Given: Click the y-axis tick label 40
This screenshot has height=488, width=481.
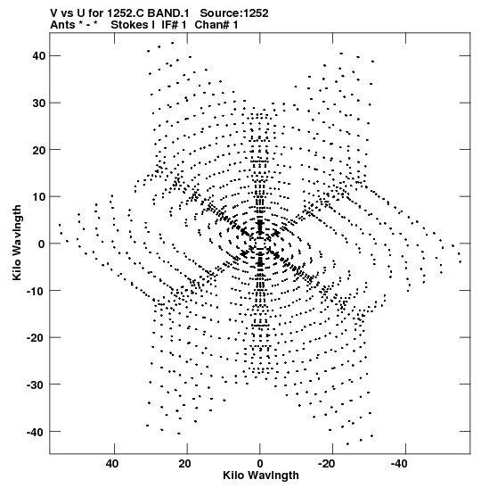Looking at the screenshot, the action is point(38,56).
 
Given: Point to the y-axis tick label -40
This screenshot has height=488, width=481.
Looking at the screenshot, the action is point(36,432).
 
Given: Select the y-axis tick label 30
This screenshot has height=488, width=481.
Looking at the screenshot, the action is point(38,103).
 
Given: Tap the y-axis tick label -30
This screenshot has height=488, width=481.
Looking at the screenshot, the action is point(36,385).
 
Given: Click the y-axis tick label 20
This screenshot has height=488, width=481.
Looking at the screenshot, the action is point(38,150).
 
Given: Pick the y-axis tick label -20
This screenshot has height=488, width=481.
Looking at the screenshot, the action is point(36,338).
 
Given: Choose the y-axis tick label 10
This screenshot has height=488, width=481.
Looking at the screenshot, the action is point(38,197).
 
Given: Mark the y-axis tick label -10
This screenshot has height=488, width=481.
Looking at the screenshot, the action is point(36,291).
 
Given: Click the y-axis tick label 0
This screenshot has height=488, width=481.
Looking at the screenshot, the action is point(42,244).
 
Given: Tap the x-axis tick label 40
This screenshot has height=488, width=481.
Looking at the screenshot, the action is point(112,464).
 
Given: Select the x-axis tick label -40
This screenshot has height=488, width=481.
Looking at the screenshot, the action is point(399,464).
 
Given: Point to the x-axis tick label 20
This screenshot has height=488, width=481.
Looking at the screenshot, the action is point(185,464).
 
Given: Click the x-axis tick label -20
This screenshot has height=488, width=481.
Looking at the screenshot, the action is point(326,464).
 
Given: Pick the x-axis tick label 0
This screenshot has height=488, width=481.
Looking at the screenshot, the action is point(260,464).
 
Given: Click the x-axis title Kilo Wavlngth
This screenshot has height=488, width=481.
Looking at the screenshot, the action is point(261,476).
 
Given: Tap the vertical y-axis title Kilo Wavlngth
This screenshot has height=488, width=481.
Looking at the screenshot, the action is point(17,243).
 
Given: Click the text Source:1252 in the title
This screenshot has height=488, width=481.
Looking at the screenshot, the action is point(234,13).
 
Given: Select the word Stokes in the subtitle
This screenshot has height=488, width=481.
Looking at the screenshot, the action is point(133,25).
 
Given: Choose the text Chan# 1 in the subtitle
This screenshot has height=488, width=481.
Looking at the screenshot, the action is point(216,25).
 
